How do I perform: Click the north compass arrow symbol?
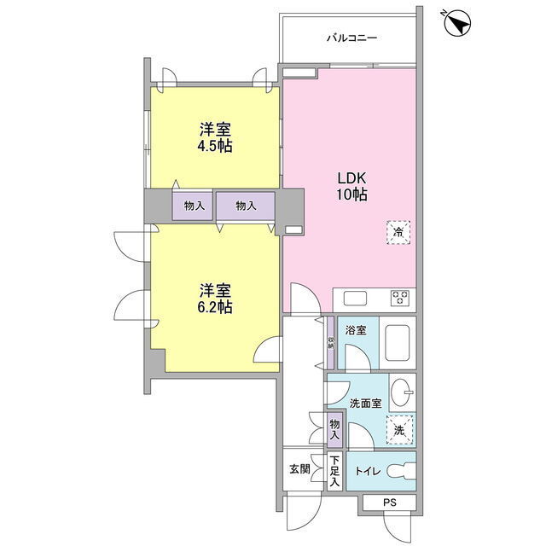[458, 23]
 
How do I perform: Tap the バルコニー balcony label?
[351, 38]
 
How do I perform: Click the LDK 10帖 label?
[351, 186]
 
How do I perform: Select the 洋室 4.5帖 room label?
[215, 137]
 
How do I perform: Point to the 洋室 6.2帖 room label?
[215, 299]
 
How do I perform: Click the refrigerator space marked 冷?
[398, 232]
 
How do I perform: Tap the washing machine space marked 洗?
[399, 430]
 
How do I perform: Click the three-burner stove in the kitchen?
[400, 299]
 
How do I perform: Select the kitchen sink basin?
[355, 299]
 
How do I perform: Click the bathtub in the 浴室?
[397, 343]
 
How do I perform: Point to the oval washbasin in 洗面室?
[401, 392]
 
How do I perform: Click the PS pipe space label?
[390, 502]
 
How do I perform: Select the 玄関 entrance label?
[299, 469]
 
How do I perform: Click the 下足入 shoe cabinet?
[334, 471]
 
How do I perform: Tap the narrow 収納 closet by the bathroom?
[330, 343]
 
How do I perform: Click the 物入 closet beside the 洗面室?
[334, 430]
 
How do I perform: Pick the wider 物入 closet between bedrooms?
[246, 206]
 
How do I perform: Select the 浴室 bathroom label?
[356, 330]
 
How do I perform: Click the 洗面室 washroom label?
[366, 404]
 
